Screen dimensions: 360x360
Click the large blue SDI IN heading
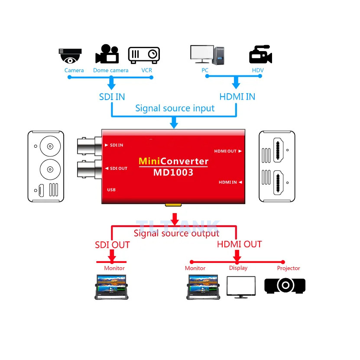[112, 96]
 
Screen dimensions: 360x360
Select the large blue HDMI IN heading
[237, 96]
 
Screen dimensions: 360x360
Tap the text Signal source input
[175, 108]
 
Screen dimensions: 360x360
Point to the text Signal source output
[176, 234]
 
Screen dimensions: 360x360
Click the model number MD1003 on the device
[173, 172]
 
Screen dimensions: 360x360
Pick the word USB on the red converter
[111, 190]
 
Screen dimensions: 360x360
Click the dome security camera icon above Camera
[70, 55]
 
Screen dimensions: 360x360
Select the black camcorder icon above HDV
[260, 55]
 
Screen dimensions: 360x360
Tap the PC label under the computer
[205, 70]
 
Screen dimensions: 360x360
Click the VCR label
[146, 70]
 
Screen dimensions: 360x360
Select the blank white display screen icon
[241, 286]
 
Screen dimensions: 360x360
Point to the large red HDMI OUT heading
[239, 244]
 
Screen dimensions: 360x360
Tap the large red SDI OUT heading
[112, 245]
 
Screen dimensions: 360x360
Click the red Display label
[238, 268]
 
